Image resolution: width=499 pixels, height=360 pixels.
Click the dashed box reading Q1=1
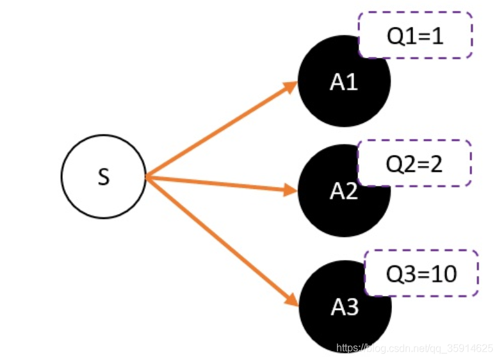tap(415, 35)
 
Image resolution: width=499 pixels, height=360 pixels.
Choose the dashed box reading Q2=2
tap(414, 163)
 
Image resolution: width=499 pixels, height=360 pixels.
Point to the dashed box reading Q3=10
tap(421, 274)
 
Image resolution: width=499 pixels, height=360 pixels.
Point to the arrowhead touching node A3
tap(291, 298)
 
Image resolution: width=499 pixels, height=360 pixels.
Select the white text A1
tap(344, 82)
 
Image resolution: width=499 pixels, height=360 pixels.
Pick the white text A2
tap(344, 191)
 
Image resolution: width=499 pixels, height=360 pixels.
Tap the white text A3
tap(345, 307)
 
